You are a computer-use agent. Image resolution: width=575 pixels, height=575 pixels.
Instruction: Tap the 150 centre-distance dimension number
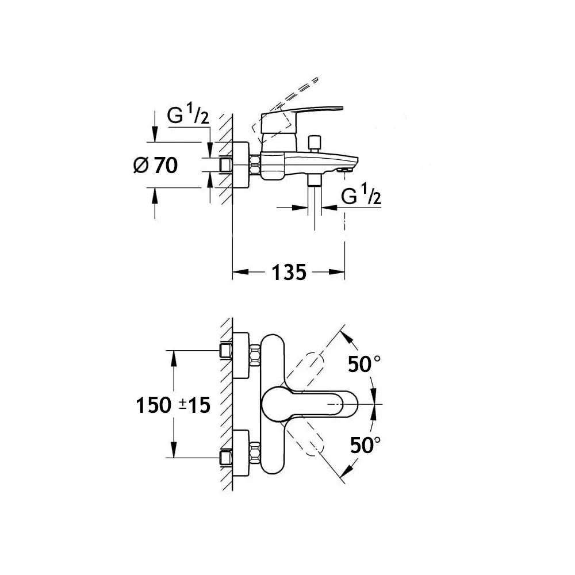click(154, 405)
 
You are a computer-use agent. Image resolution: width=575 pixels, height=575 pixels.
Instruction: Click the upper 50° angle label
click(365, 363)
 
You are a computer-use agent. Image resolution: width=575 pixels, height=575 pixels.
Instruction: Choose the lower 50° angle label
click(365, 444)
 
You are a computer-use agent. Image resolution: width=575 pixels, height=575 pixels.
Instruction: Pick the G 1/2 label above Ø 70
click(187, 116)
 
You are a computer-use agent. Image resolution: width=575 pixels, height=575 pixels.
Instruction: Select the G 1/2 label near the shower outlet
click(361, 197)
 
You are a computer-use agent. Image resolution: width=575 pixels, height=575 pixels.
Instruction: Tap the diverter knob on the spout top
click(314, 142)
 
